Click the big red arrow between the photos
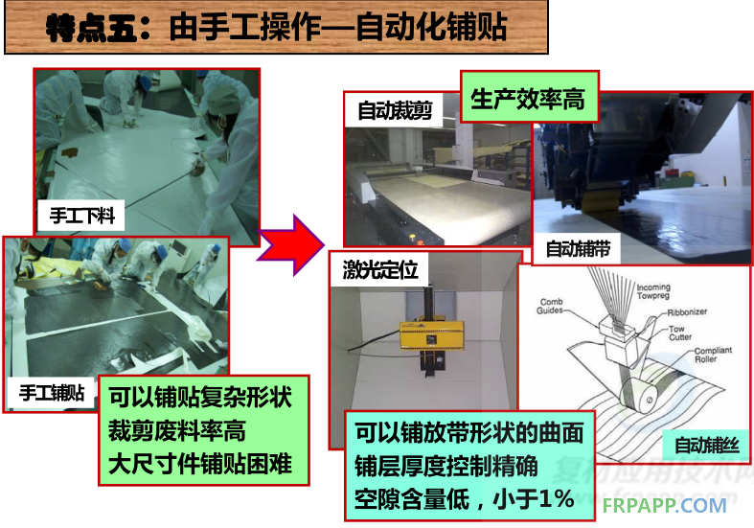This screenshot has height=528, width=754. click(292, 245)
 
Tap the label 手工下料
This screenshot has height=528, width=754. click(81, 216)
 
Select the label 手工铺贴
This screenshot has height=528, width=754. click(52, 393)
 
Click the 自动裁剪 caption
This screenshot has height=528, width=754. click(395, 110)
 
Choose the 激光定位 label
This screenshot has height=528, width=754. click(380, 270)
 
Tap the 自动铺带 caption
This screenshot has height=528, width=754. click(578, 249)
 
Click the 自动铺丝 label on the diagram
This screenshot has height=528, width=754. click(706, 445)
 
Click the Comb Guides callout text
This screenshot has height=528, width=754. click(550, 306)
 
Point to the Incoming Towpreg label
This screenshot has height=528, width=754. click(653, 291)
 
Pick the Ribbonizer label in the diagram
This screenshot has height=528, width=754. click(687, 312)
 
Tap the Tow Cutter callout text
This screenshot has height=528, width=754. click(680, 333)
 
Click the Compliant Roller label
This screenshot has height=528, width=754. click(713, 355)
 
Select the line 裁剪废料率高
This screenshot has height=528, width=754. click(176, 430)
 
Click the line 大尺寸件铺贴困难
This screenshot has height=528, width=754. click(200, 464)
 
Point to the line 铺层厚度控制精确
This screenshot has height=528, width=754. click(446, 466)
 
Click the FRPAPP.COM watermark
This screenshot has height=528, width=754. click(664, 505)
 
